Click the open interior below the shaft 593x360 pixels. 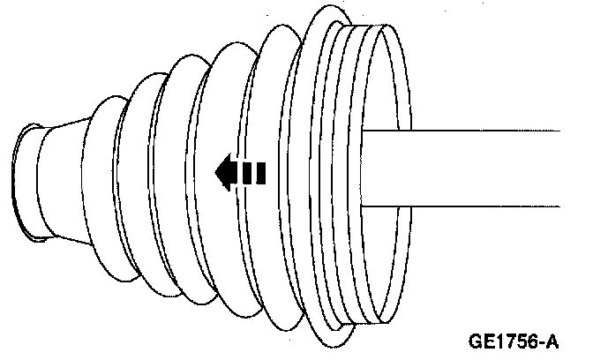coord(384,256)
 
